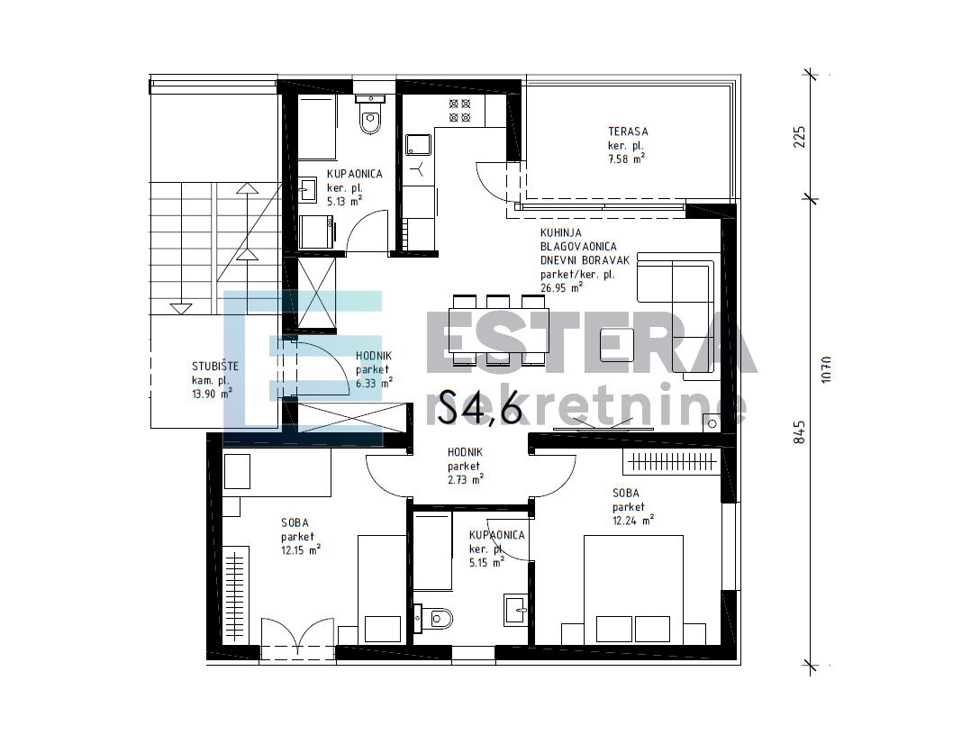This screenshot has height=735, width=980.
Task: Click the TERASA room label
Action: click(628, 132)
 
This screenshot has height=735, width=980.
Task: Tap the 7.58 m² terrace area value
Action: click(626, 159)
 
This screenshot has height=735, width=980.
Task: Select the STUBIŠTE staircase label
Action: click(215, 367)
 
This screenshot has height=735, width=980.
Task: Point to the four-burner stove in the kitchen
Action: click(459, 110)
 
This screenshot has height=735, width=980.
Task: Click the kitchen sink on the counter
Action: click(418, 144)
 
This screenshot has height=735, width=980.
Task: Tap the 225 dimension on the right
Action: click(799, 137)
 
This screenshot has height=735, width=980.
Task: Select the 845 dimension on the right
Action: click(799, 431)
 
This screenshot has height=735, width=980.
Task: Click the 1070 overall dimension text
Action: click(826, 369)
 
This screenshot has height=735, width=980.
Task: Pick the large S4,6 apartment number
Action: click(480, 407)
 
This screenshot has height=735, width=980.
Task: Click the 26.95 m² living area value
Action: click(561, 287)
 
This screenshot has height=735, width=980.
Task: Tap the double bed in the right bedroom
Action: click(633, 589)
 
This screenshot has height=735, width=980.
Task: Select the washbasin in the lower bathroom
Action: click(515, 610)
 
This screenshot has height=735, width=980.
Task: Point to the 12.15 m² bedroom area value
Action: click(301, 550)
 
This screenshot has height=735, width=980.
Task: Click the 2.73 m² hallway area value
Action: click(466, 479)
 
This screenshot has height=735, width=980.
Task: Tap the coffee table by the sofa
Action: click(617, 346)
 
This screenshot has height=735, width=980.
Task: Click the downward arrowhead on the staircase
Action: click(181, 309)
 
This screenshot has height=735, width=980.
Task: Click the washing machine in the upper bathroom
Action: click(316, 231)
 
